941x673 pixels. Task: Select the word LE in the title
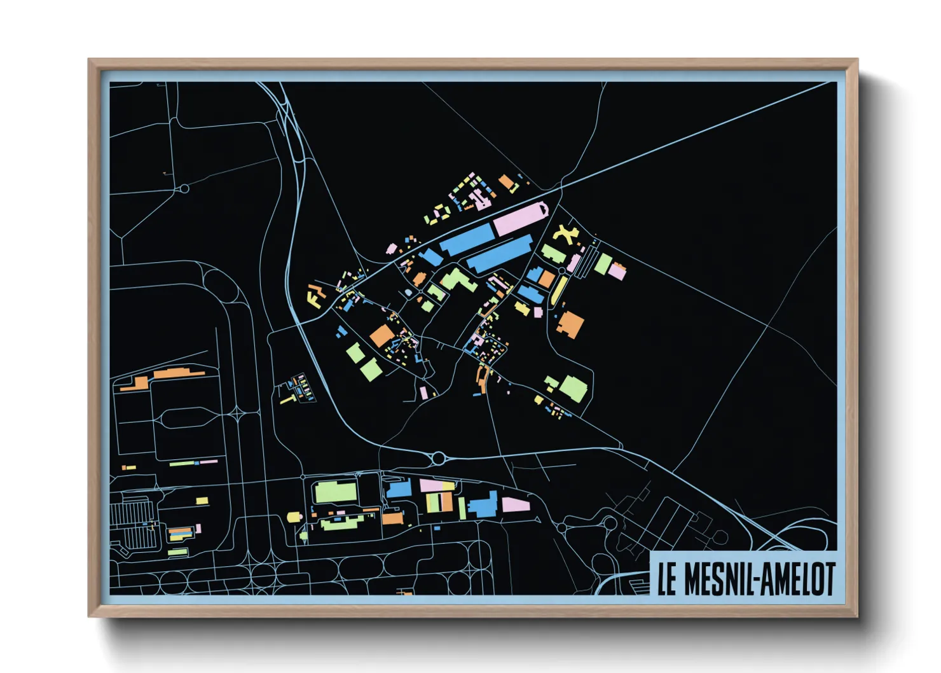667,579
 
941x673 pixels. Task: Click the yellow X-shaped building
565,234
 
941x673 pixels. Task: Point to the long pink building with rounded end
520,218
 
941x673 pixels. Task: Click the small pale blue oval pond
408,293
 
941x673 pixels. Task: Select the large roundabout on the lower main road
438,457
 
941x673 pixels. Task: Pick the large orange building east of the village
570,324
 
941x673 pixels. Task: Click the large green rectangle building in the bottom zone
335,492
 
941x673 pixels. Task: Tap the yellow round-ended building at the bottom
293,517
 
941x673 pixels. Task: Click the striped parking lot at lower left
132,524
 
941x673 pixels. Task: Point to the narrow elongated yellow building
558,291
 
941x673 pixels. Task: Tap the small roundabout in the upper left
184,188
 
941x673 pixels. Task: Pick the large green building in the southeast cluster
574,388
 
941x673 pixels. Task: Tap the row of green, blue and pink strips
193,462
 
